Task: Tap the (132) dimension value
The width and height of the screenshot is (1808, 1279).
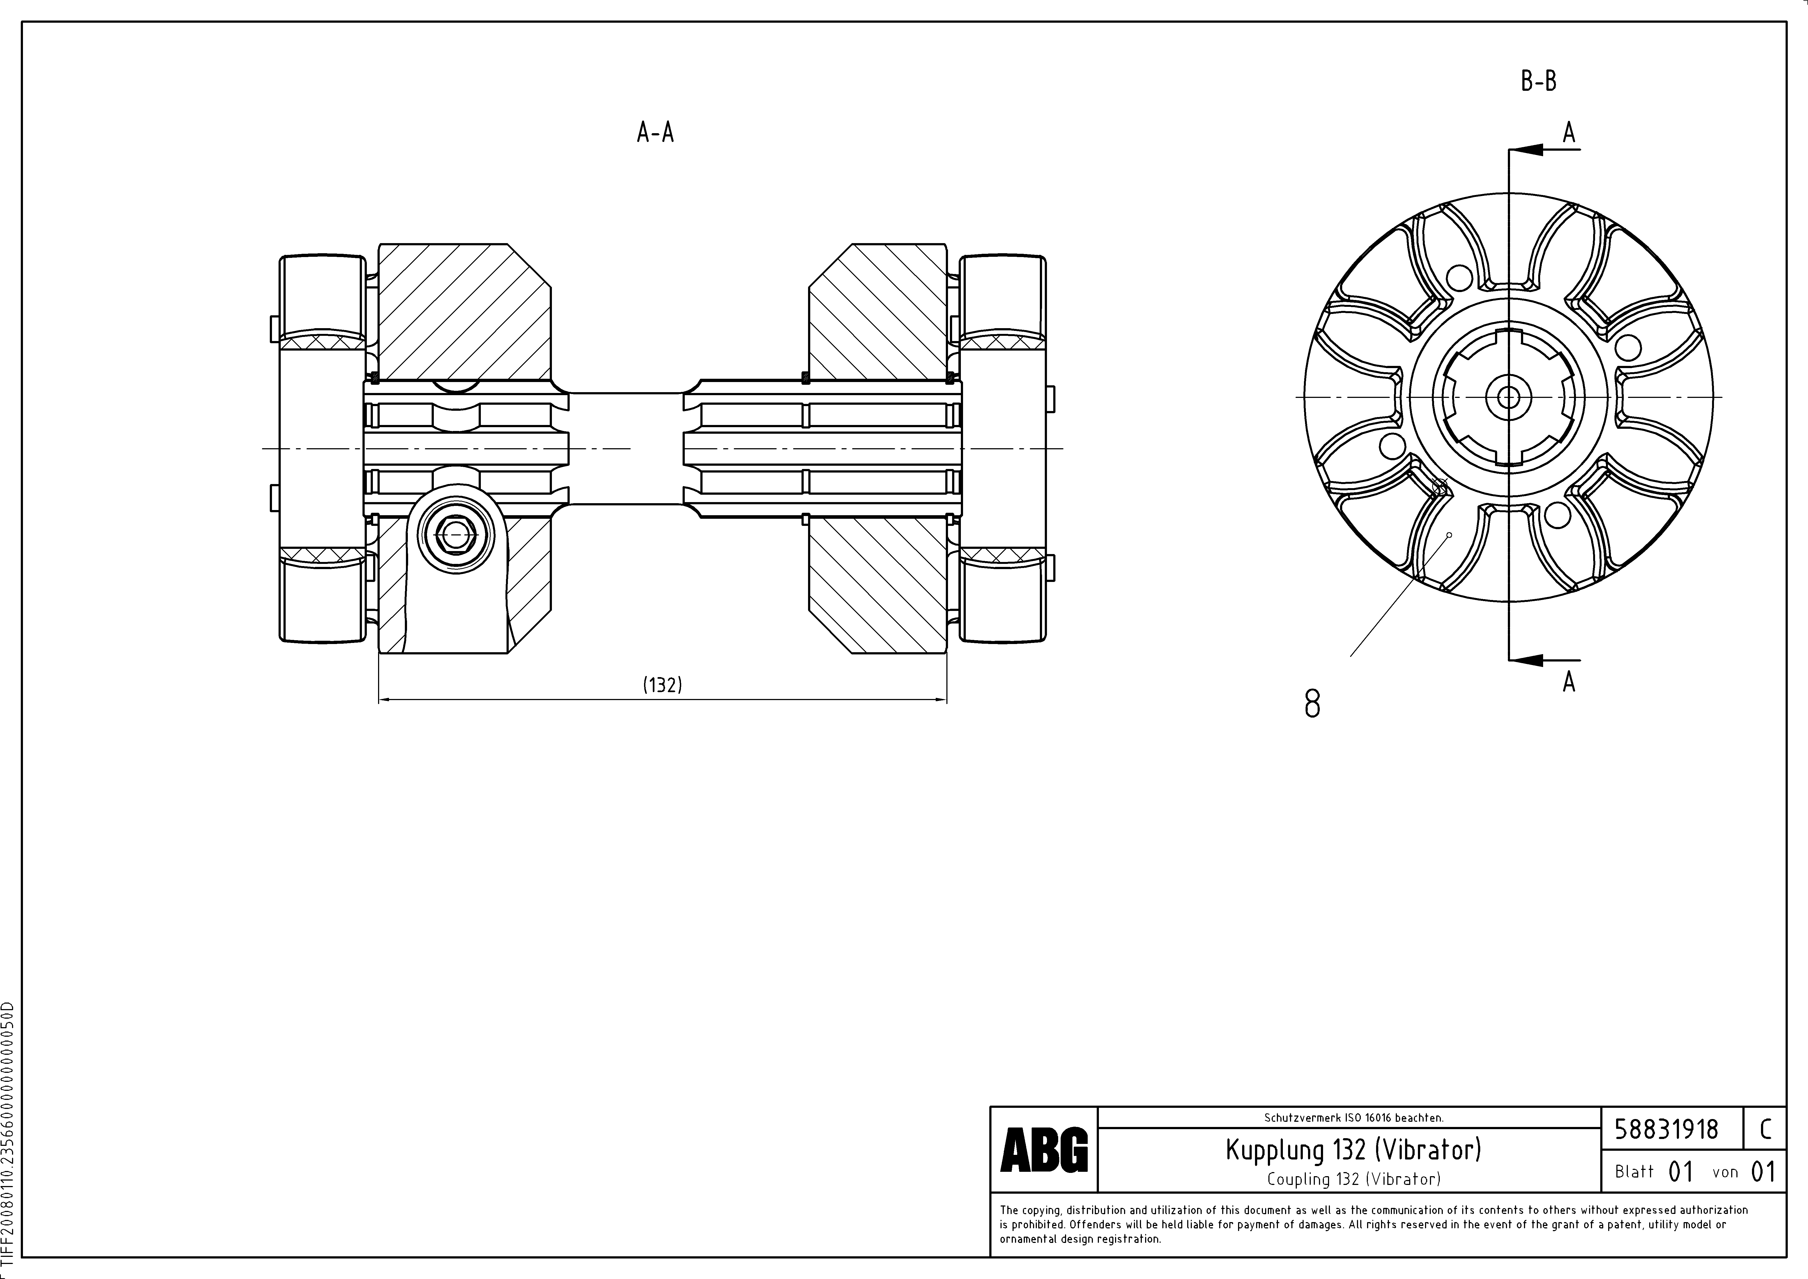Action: [662, 684]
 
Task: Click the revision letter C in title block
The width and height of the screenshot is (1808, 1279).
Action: [1765, 1129]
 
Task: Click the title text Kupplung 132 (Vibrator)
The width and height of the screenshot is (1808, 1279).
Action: [1353, 1150]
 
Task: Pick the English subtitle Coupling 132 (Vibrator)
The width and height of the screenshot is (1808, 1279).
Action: [1353, 1179]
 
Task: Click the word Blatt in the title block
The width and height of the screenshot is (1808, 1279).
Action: [1634, 1172]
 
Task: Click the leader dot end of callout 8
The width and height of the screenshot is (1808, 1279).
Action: [1449, 535]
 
